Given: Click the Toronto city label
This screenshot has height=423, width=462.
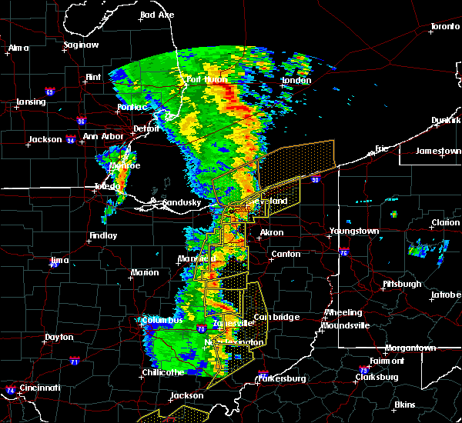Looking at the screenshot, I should click(444, 27).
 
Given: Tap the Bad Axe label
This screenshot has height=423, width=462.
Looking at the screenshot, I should click(157, 15).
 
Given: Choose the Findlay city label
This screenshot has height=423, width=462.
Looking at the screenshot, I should click(102, 236).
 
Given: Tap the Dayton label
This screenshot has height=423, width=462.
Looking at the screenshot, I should click(59, 337).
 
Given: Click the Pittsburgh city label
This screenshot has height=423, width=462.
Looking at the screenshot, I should click(402, 285).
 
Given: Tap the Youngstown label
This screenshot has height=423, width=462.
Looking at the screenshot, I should click(353, 231).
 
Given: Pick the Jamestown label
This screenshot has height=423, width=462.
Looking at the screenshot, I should click(438, 151).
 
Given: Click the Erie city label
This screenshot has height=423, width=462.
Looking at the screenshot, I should click(383, 148).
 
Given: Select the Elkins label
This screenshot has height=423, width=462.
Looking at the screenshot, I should click(404, 405).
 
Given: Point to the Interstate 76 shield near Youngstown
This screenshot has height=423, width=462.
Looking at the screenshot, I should click(343, 252).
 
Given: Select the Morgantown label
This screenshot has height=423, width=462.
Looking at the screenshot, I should click(410, 348).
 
